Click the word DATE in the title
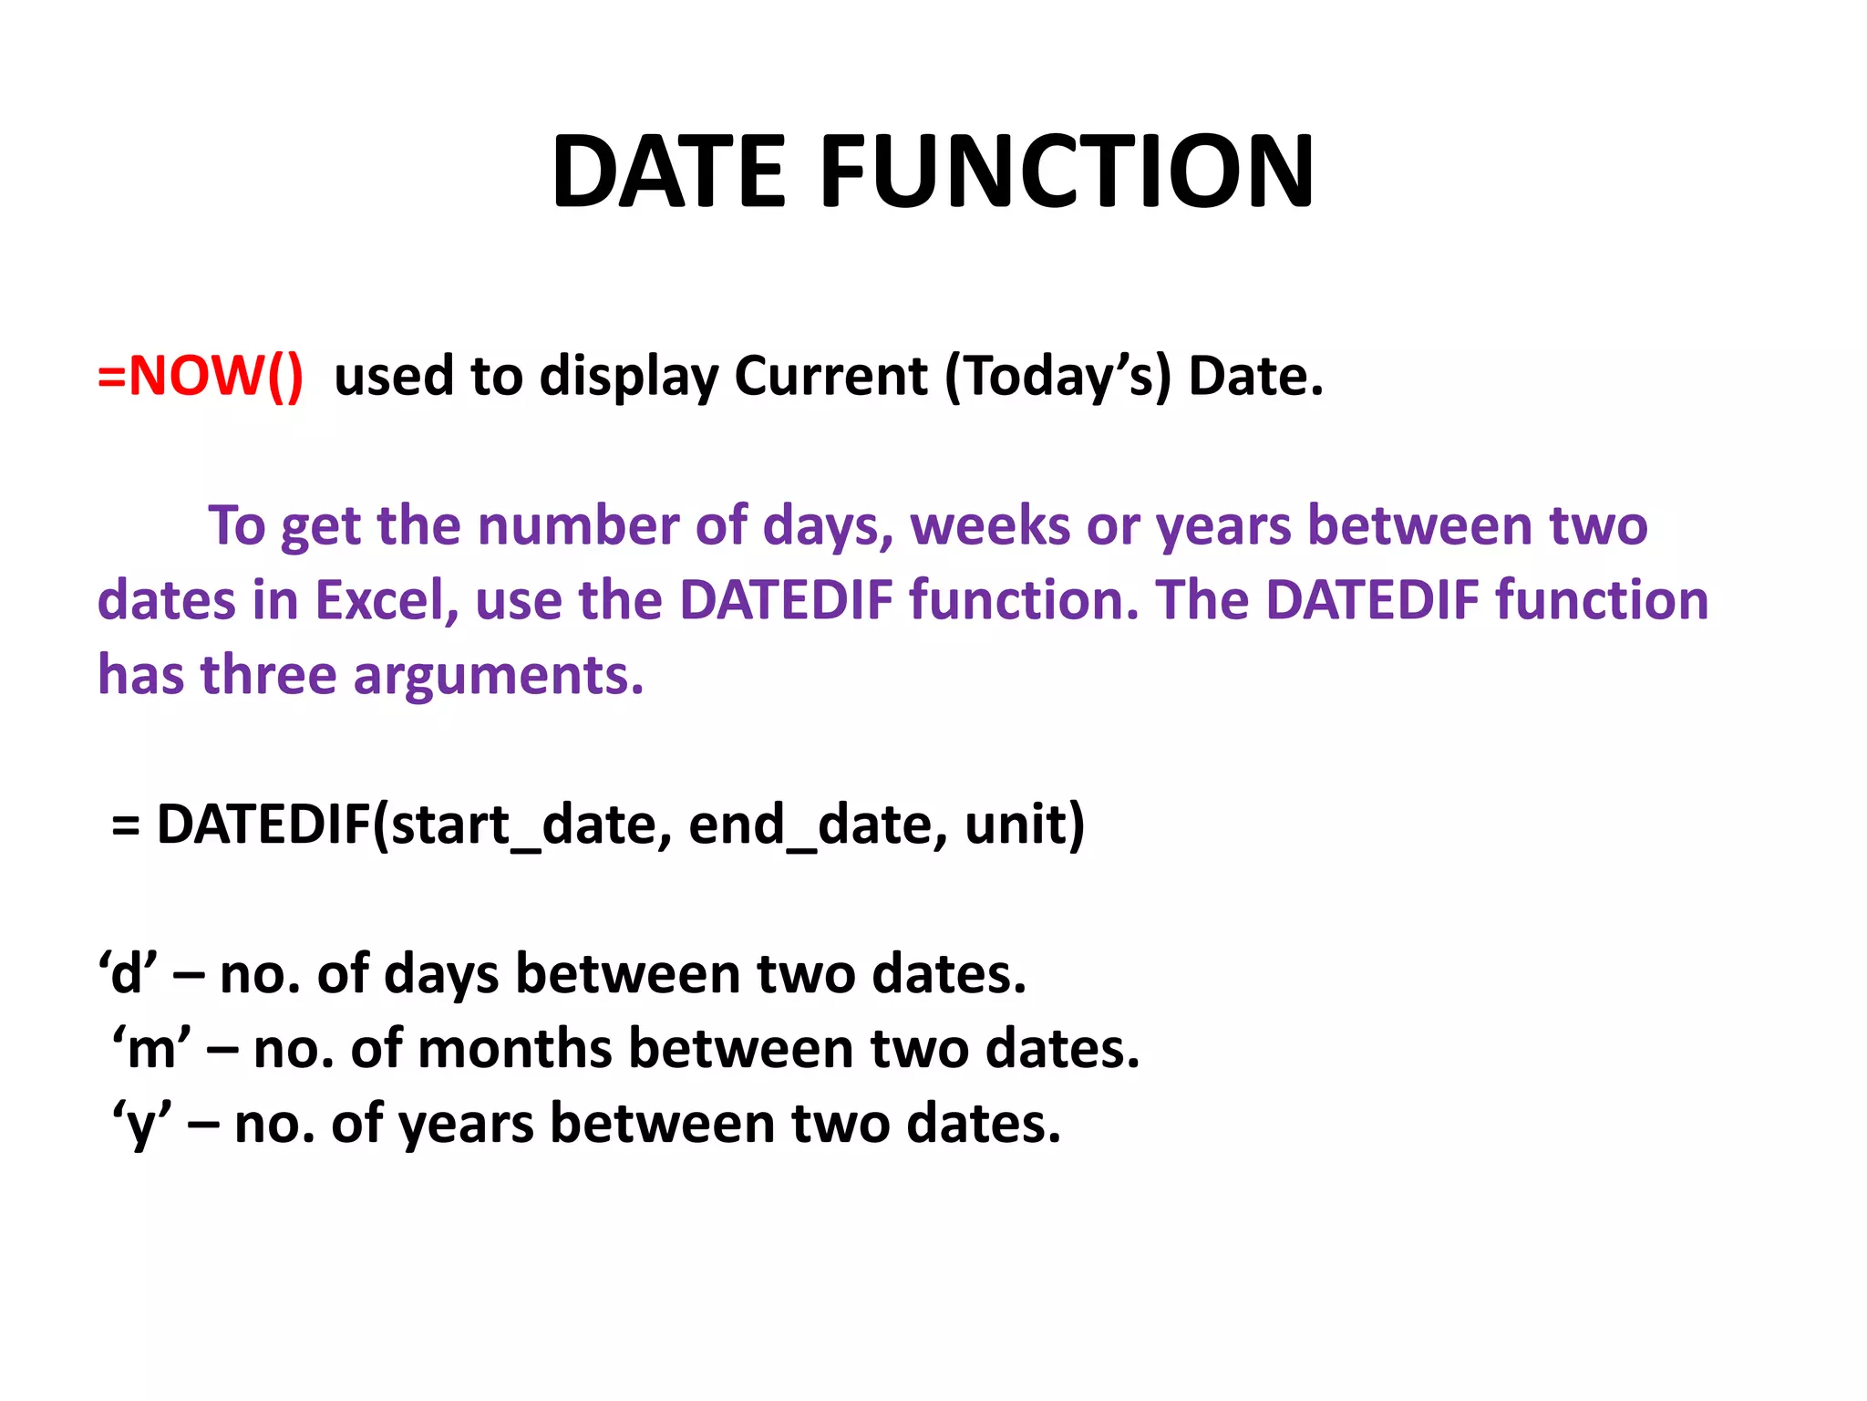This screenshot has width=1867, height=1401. click(668, 172)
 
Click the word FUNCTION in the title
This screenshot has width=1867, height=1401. click(1068, 172)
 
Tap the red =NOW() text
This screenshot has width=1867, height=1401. click(201, 375)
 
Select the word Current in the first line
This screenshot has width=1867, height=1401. click(830, 376)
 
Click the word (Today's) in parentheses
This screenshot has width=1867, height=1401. click(1057, 376)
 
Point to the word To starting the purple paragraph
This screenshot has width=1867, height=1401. click(236, 526)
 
